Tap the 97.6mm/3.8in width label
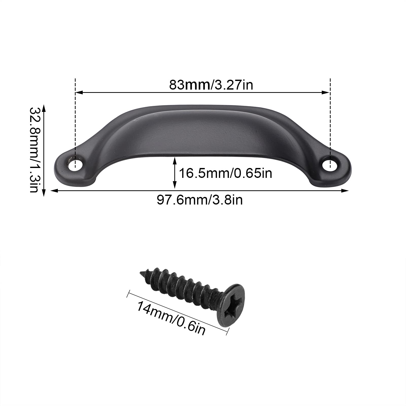pos(200,200)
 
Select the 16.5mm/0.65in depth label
pos(226,173)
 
